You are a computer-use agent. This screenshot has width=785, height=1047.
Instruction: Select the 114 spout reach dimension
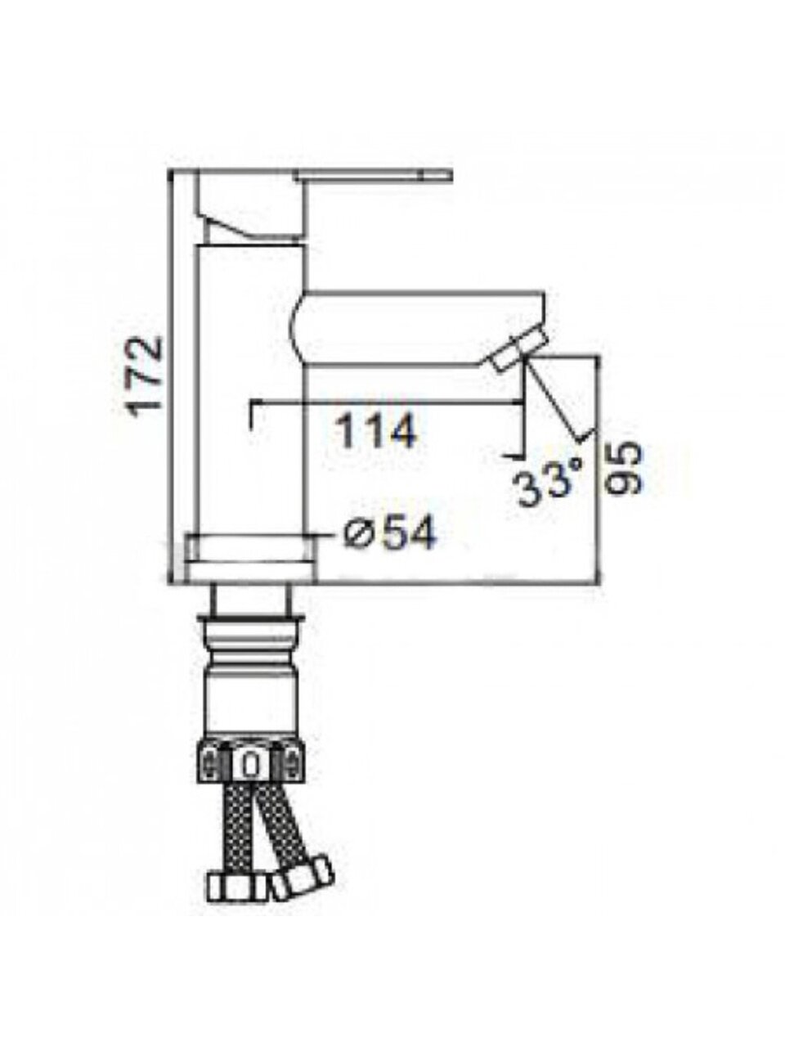click(376, 432)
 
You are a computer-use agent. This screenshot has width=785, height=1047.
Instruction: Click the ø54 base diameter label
click(388, 532)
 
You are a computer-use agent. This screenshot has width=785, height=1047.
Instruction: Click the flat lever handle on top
click(373, 176)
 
